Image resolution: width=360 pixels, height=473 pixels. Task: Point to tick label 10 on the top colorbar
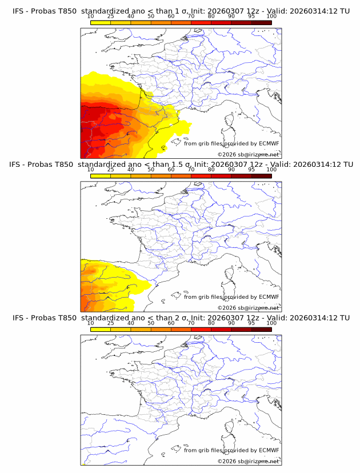click(91, 16)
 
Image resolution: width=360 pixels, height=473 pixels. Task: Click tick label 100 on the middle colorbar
click(271, 170)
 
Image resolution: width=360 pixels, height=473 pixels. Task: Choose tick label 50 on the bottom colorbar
click(151, 323)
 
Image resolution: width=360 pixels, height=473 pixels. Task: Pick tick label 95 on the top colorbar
click(251, 16)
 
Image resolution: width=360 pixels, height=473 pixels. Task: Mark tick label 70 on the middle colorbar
click(191, 170)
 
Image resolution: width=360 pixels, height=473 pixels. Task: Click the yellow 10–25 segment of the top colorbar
click(101, 22)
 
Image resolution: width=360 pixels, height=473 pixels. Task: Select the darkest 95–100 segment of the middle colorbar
click(262, 176)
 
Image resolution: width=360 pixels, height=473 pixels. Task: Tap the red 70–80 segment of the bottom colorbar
click(201, 330)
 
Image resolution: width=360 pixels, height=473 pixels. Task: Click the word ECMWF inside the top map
click(269, 143)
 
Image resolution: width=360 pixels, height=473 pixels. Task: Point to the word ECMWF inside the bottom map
click(269, 451)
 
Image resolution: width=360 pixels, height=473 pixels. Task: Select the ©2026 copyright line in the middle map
click(248, 307)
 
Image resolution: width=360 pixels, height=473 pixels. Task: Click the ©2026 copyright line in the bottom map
click(248, 461)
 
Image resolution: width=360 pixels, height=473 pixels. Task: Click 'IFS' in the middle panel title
click(19, 164)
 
